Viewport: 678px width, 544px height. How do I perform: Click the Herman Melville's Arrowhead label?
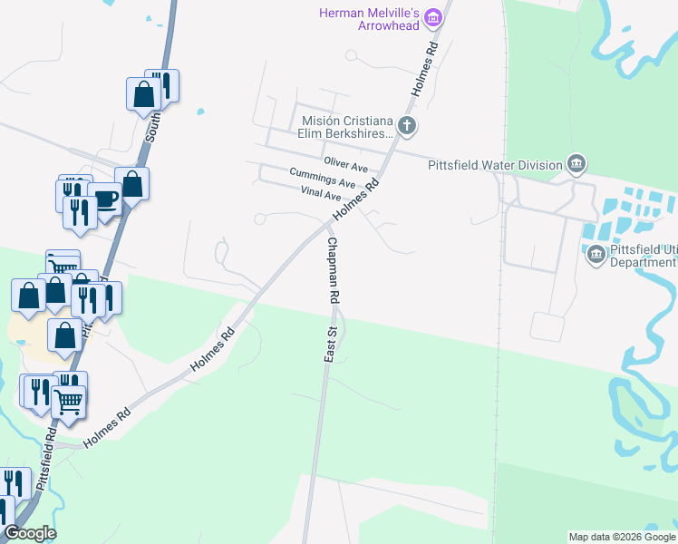pyautogui.click(x=370, y=18)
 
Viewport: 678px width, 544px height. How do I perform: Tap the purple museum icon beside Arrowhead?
pyautogui.click(x=433, y=17)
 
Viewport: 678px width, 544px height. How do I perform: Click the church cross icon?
pyautogui.click(x=407, y=125)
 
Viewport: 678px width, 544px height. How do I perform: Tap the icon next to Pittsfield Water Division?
pyautogui.click(x=576, y=164)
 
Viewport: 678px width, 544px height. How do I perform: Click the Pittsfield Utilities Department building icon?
pyautogui.click(x=596, y=254)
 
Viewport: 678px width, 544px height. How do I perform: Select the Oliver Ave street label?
pyautogui.click(x=346, y=168)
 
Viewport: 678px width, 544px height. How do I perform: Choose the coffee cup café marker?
pyautogui.click(x=105, y=199)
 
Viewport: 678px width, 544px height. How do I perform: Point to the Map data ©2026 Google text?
pyautogui.click(x=622, y=537)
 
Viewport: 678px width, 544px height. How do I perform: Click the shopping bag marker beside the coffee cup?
pyautogui.click(x=132, y=184)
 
